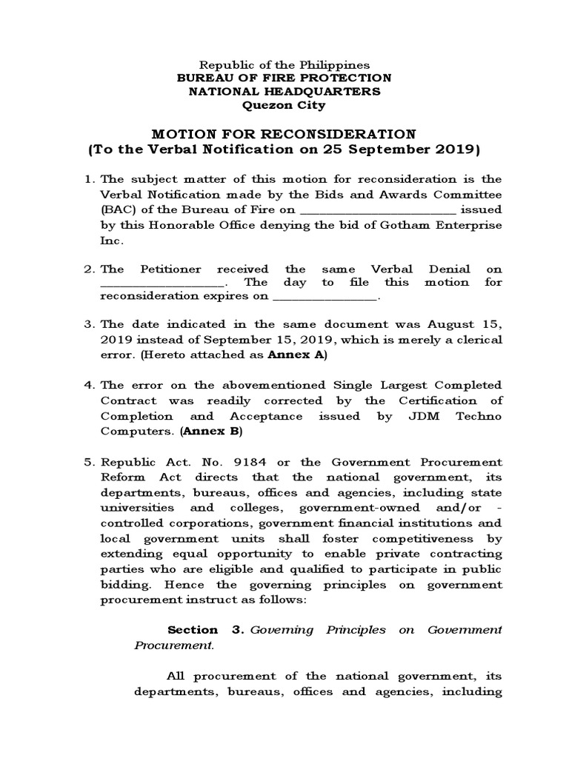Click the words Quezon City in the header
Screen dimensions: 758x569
(284, 105)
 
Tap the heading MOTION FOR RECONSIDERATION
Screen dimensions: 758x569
(284, 134)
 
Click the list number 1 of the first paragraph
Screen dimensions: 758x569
(87, 180)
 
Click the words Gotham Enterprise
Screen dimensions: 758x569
(451, 224)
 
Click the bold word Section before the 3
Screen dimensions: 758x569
(193, 630)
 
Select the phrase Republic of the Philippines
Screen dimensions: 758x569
(284, 65)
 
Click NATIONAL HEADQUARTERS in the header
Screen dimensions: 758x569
(284, 92)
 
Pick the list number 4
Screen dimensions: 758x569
(87, 386)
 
